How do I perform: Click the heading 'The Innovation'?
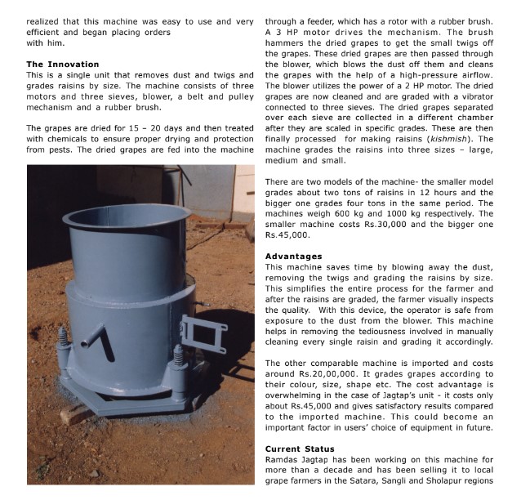click(63, 64)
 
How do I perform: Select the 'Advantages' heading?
click(294, 257)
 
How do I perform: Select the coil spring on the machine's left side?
click(61, 341)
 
